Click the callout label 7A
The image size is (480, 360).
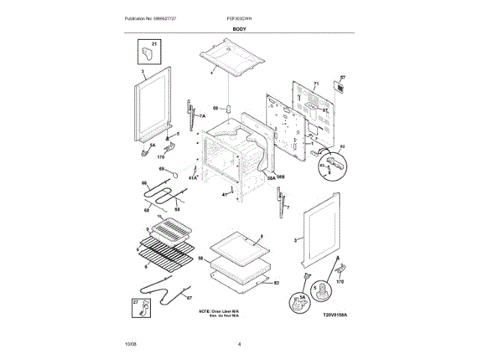click(x=201, y=117)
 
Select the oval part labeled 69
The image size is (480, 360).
click(x=172, y=177)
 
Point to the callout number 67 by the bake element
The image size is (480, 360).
click(x=188, y=298)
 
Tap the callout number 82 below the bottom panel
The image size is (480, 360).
click(x=276, y=283)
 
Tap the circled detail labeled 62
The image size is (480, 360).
click(x=334, y=163)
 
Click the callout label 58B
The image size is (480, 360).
click(x=280, y=175)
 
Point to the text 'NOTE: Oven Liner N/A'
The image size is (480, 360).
click(x=219, y=310)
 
